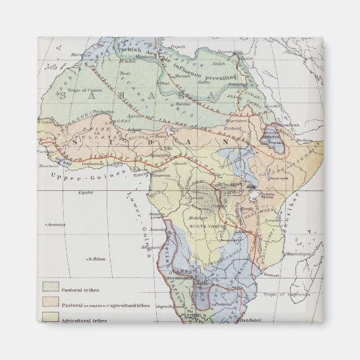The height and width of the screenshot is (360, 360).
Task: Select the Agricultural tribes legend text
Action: [x=84, y=320]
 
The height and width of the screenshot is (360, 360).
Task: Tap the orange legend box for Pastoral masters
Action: [x=50, y=304]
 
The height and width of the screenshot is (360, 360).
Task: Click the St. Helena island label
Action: [x=93, y=259]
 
